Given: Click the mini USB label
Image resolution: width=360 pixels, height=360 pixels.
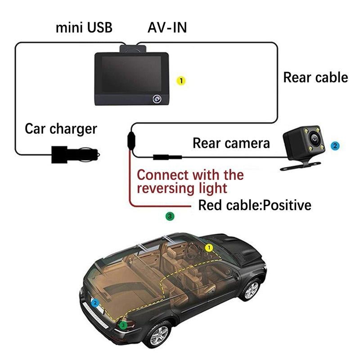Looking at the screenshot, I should point(84,27).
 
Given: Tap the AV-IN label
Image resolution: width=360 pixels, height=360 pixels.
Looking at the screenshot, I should point(167,27).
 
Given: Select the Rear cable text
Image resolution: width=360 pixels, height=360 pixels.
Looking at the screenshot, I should point(315,77).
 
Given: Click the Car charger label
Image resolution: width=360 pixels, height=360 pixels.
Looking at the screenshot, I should point(61,129).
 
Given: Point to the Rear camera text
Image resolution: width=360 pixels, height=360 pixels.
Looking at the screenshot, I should point(231,143).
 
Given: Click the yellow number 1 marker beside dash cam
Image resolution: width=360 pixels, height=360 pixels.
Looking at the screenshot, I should point(181,81).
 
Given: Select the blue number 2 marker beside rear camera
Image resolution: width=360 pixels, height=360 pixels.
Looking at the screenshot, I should point(334,146).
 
